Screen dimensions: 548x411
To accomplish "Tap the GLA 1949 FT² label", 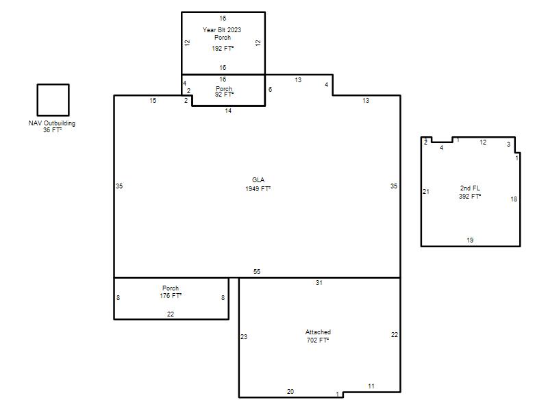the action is pos(258,184).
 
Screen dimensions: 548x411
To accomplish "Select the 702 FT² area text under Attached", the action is pos(318,340).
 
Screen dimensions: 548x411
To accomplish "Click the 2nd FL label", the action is pos(470,188).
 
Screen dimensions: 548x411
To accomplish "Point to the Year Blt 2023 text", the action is pos(222,30).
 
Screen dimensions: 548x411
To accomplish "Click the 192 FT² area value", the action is pos(223,48).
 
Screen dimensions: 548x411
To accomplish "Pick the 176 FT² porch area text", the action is pos(171,296).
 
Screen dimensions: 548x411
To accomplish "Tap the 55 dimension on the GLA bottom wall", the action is pos(257,271).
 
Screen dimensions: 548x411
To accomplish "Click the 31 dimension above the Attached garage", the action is pos(319,283).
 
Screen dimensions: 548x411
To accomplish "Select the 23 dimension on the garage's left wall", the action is pos(244,337).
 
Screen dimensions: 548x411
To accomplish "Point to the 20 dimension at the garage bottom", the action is pos(290,392).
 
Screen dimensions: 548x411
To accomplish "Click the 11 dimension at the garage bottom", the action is pos(371,386).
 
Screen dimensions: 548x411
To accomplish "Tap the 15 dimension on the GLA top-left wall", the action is pos(153,101).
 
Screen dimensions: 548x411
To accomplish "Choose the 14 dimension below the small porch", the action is pos(228,111).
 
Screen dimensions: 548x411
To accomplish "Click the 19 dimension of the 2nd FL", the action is pos(470,240).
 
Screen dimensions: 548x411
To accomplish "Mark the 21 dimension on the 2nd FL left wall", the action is pos(426,192).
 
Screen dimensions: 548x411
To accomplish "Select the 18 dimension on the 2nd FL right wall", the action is pos(514,199).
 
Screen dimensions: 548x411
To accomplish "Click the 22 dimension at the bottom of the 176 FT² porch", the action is pos(171,314).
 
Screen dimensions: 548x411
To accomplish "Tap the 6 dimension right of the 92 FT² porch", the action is pos(270,90).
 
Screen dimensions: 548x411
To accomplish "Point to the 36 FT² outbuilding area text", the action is pos(53,130).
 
